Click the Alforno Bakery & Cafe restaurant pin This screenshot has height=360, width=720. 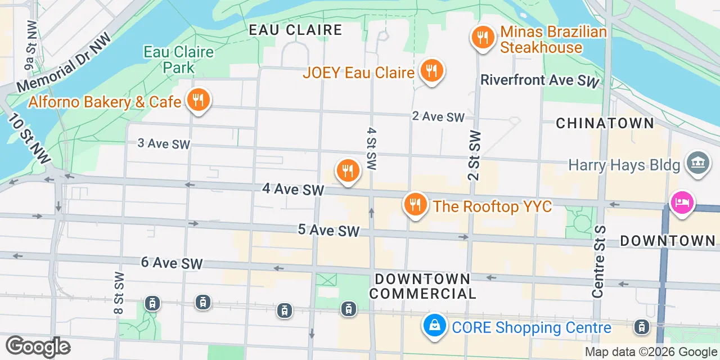pos(197,101)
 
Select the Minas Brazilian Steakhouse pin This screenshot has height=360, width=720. pos(483,38)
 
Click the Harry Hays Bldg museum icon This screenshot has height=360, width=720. pos(699,164)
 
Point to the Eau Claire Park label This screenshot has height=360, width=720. pos(179,60)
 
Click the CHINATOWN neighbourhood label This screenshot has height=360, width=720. pos(605,123)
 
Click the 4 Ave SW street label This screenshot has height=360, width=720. pos(293,190)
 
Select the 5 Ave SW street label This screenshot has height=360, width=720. pos(328,230)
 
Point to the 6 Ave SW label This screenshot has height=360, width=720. pos(172,263)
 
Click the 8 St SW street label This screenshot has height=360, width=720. pos(119,292)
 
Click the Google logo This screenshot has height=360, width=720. pos(38,346)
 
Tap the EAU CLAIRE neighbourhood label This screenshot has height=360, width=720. pos(295,30)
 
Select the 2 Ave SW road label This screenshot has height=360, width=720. pos(438,117)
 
